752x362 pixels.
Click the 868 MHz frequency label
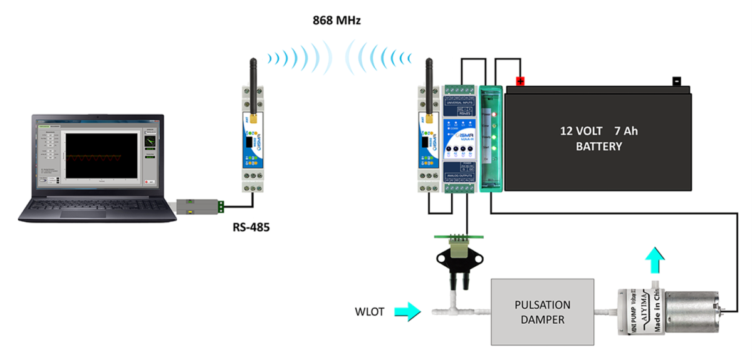pyautogui.click(x=337, y=21)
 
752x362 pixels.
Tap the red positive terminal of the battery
pyautogui.click(x=520, y=81)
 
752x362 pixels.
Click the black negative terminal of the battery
pyautogui.click(x=676, y=81)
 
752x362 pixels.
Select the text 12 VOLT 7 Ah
pyautogui.click(x=598, y=132)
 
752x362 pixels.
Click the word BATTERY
pyautogui.click(x=598, y=147)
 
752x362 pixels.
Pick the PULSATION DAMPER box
pyautogui.click(x=542, y=311)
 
